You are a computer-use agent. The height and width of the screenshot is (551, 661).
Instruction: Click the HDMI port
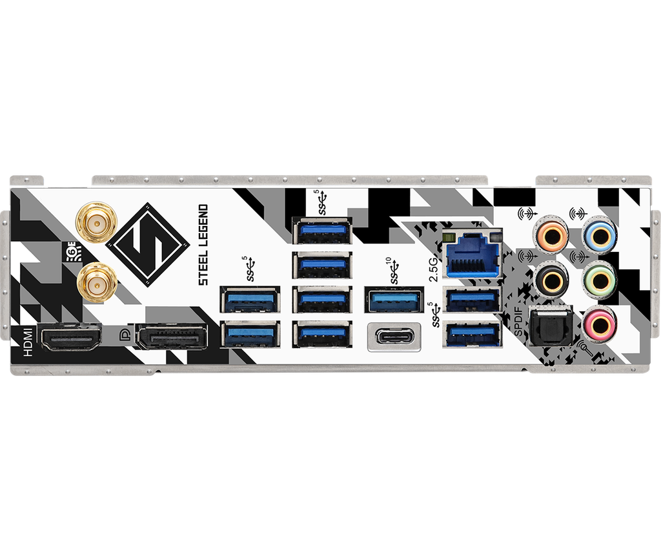pos(70,337)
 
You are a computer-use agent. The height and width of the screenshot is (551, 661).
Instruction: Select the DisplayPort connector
pos(172,337)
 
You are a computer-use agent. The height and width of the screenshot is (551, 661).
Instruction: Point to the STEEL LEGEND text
pos(203,245)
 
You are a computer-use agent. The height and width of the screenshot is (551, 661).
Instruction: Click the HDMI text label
pos(28,343)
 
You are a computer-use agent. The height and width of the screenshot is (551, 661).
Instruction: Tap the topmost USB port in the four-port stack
pos(321,231)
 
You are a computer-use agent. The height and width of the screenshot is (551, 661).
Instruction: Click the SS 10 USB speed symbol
pos(394,271)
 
